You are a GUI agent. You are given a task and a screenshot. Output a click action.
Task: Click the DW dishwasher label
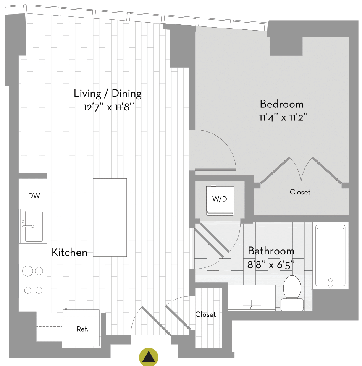(34, 196)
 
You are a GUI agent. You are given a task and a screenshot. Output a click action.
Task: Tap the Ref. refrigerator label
(82, 329)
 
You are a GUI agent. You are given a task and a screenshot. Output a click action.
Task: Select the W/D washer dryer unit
(220, 200)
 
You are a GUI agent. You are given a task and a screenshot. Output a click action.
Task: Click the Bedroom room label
(282, 104)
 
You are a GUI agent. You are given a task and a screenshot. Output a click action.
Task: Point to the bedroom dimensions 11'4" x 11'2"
(283, 117)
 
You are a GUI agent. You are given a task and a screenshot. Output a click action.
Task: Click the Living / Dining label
(108, 94)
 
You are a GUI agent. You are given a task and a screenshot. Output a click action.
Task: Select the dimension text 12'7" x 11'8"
(109, 107)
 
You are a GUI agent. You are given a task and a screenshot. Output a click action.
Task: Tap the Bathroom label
(271, 251)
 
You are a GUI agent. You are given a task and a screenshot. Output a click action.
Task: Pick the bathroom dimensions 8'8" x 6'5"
(271, 265)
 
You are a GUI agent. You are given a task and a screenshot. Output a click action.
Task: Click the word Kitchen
(69, 252)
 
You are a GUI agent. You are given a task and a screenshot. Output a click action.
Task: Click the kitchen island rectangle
(110, 217)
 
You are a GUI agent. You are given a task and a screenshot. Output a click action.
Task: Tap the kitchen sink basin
(34, 226)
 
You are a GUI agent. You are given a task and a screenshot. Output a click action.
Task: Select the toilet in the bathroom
(292, 293)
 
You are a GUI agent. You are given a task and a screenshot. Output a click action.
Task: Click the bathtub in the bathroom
(330, 256)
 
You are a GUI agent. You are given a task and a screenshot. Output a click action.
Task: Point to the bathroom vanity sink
(252, 298)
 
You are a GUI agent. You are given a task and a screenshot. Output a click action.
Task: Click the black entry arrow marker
(149, 357)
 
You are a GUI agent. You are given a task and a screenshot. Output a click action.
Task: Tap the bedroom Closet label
(300, 192)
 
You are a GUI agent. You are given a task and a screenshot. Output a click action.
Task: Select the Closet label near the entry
(205, 314)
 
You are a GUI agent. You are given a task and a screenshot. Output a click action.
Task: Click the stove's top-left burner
(27, 271)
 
